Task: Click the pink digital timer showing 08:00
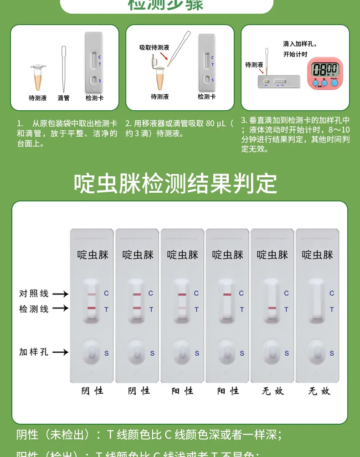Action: click(325, 72)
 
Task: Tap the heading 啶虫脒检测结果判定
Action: click(175, 183)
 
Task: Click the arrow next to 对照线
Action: click(60, 294)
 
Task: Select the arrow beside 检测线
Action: click(60, 308)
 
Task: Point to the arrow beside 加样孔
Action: click(60, 352)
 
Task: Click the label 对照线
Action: click(34, 293)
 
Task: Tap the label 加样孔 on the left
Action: click(34, 352)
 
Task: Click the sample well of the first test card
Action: click(92, 352)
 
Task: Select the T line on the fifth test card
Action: click(272, 308)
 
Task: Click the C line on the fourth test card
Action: click(227, 294)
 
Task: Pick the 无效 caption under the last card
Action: click(319, 390)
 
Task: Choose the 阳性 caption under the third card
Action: click(182, 390)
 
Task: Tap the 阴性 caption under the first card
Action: click(92, 390)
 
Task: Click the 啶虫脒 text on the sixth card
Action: click(318, 255)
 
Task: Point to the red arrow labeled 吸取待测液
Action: click(165, 56)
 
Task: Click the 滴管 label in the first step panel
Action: click(64, 98)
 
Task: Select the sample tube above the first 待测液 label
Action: click(38, 77)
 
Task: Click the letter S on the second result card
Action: click(152, 353)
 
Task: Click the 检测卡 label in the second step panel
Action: click(206, 97)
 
